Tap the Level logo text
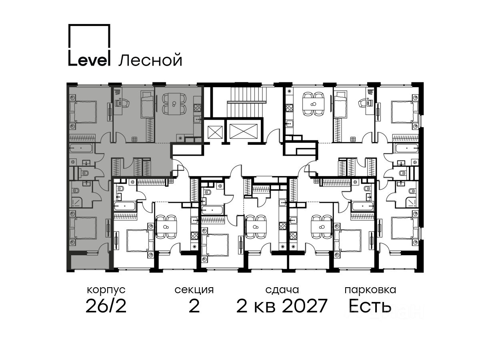[x=89, y=58]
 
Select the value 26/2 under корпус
[x=106, y=306]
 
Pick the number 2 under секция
[x=194, y=306]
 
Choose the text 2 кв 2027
[x=282, y=306]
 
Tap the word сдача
[x=282, y=290]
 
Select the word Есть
[x=370, y=306]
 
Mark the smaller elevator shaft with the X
[x=215, y=132]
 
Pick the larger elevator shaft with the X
[x=243, y=131]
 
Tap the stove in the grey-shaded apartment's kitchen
[x=197, y=108]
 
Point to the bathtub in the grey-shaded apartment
[x=81, y=148]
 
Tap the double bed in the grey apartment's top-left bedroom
[x=83, y=112]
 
